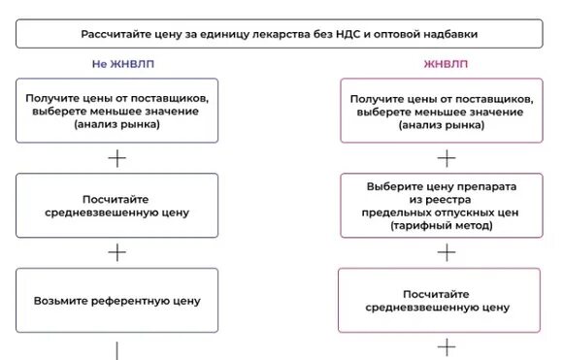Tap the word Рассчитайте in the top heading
pyautogui.click(x=117, y=35)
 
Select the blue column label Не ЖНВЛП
pyautogui.click(x=116, y=65)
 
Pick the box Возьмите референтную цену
pyautogui.click(x=116, y=300)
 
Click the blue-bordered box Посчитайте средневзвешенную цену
pyautogui.click(x=116, y=206)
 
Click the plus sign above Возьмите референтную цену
pyautogui.click(x=116, y=252)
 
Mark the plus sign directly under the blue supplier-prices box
pyautogui.click(x=116, y=158)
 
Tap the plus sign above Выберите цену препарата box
pyautogui.click(x=447, y=158)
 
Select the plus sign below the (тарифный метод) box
pyautogui.click(x=447, y=252)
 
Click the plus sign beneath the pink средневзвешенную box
pyautogui.click(x=447, y=345)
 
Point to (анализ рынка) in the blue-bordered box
pyautogui.click(x=116, y=125)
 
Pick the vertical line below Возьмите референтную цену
pyautogui.click(x=116, y=349)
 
